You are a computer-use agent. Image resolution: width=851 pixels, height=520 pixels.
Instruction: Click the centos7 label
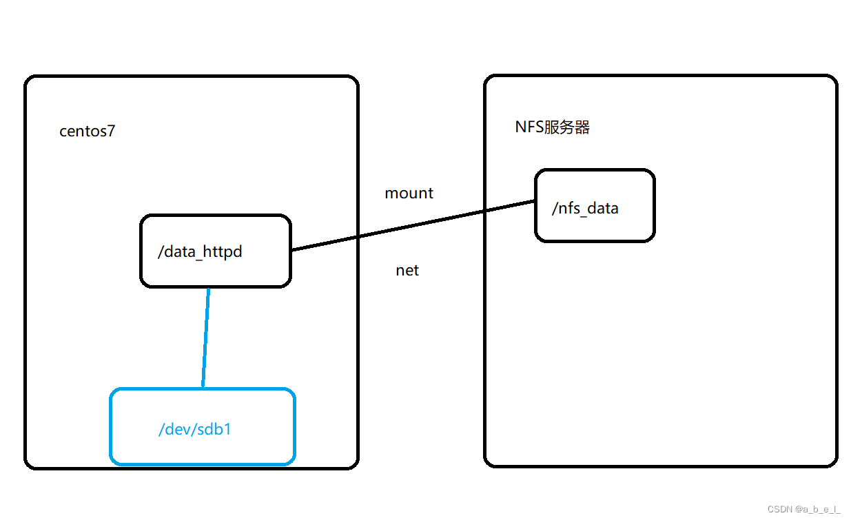88,132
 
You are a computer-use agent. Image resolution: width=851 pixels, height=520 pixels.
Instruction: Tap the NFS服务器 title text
553,127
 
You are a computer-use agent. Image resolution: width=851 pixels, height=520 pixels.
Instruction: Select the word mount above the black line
409,194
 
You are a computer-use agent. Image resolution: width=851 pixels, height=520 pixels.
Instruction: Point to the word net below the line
407,271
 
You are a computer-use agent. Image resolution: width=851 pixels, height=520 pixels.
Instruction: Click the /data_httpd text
200,252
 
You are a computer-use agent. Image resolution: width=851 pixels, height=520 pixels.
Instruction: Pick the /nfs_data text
585,208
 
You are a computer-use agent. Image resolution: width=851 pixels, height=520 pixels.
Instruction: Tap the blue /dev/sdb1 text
195,430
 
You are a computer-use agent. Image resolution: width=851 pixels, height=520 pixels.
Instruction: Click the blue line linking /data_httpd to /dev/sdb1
205,337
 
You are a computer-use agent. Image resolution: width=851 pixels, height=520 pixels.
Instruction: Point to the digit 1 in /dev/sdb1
228,430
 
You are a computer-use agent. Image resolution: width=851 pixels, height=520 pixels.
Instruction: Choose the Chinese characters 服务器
566,127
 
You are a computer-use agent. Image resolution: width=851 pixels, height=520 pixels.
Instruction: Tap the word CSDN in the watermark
780,509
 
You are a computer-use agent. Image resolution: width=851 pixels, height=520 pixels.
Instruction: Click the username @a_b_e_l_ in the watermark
819,509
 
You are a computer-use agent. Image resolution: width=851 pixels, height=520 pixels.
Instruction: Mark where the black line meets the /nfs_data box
536,201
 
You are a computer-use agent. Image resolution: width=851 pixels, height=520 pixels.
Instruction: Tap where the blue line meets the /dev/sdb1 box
203,388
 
